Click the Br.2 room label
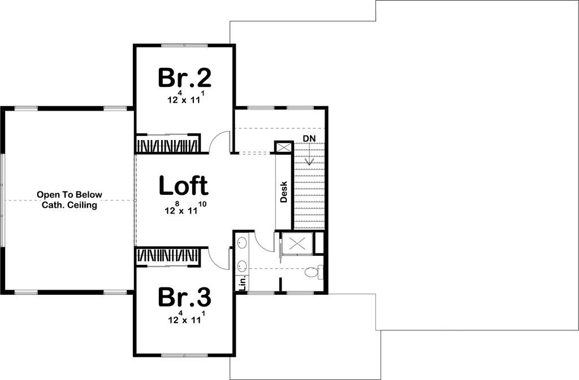[185, 78]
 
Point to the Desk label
[284, 191]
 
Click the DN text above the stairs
[309, 138]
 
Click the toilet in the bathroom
[314, 272]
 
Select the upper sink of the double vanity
[242, 243]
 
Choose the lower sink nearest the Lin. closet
[242, 265]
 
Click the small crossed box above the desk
[284, 147]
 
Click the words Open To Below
[70, 195]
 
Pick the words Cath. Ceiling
[70, 205]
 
